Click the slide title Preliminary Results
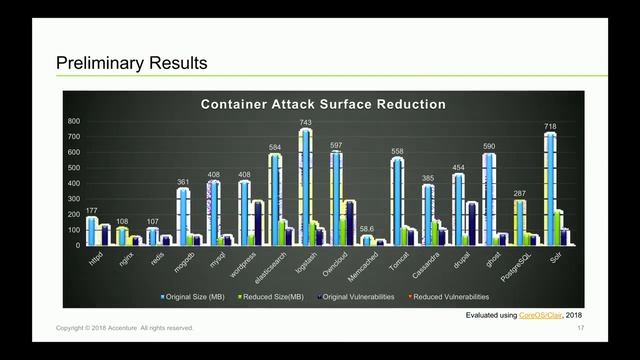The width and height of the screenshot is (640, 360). coord(131,63)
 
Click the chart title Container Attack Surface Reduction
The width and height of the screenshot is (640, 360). coord(323,104)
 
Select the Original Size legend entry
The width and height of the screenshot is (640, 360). coord(200,297)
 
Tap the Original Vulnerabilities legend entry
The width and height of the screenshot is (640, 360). coord(362,297)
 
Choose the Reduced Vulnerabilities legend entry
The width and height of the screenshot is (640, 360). coord(451,297)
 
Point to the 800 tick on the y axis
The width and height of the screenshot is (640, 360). coord(73,121)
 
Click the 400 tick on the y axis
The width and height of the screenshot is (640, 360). coord(73,183)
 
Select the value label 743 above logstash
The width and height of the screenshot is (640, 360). coord(305,123)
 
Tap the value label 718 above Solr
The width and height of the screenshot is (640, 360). coord(549,127)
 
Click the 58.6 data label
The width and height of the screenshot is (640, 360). coord(366,229)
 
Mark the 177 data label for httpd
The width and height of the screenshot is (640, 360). coord(91,211)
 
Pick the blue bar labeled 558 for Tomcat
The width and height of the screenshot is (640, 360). coord(397,201)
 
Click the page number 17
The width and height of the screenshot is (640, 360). coord(580,328)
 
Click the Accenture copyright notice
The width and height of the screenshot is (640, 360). coord(125,328)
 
